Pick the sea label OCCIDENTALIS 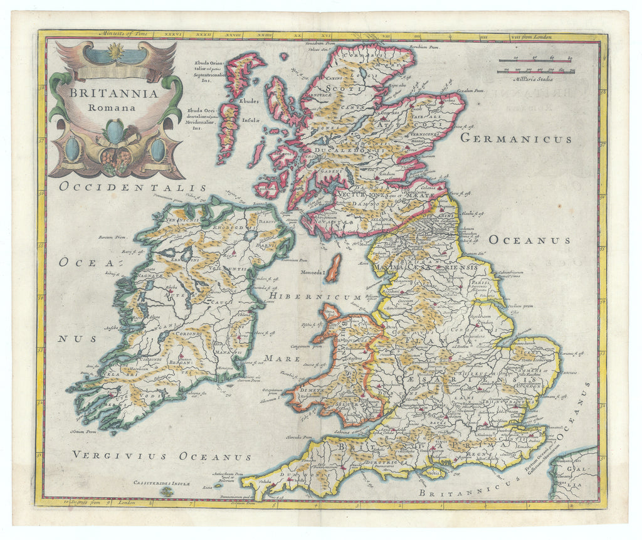point(133,187)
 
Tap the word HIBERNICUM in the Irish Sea point(315,297)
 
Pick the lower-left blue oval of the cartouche point(73,149)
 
